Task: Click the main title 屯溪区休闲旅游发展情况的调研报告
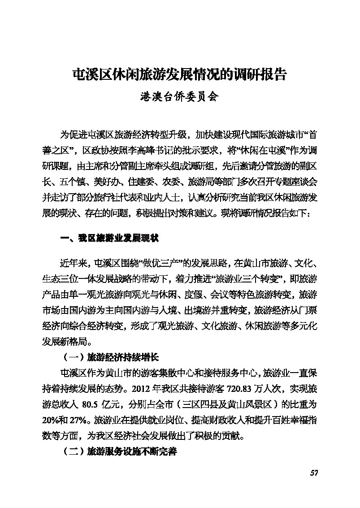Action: [x=180, y=74]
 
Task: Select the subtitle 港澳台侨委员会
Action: [x=180, y=96]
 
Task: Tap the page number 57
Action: [x=313, y=473]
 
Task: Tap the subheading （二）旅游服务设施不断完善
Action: [x=119, y=451]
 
